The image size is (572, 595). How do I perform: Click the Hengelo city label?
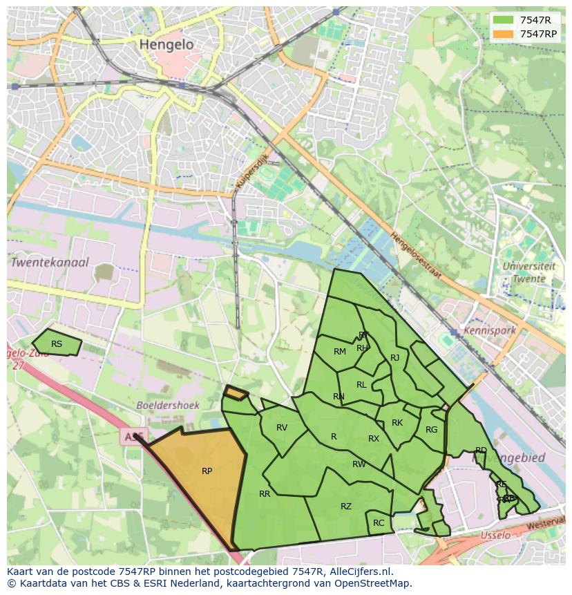pos(166,44)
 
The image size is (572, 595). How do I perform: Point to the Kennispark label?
pos(490,330)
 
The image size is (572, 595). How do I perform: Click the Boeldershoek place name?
pos(168,406)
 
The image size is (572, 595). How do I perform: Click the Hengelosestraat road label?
pos(416,255)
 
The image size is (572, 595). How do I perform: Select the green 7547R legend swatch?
pos(502,20)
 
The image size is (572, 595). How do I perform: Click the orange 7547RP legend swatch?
pos(502,34)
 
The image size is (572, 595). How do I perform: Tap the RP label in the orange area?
pos(207,471)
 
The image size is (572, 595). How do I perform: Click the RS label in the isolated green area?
pos(57,344)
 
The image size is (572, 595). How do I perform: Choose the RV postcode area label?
pos(282,428)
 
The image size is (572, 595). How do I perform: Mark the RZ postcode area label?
pos(346,507)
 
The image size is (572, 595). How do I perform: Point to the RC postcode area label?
pos(379,523)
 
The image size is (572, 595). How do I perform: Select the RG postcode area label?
pos(432,430)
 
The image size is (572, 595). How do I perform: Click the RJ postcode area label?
pos(395,358)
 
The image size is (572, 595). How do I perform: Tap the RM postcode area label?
pos(340,352)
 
